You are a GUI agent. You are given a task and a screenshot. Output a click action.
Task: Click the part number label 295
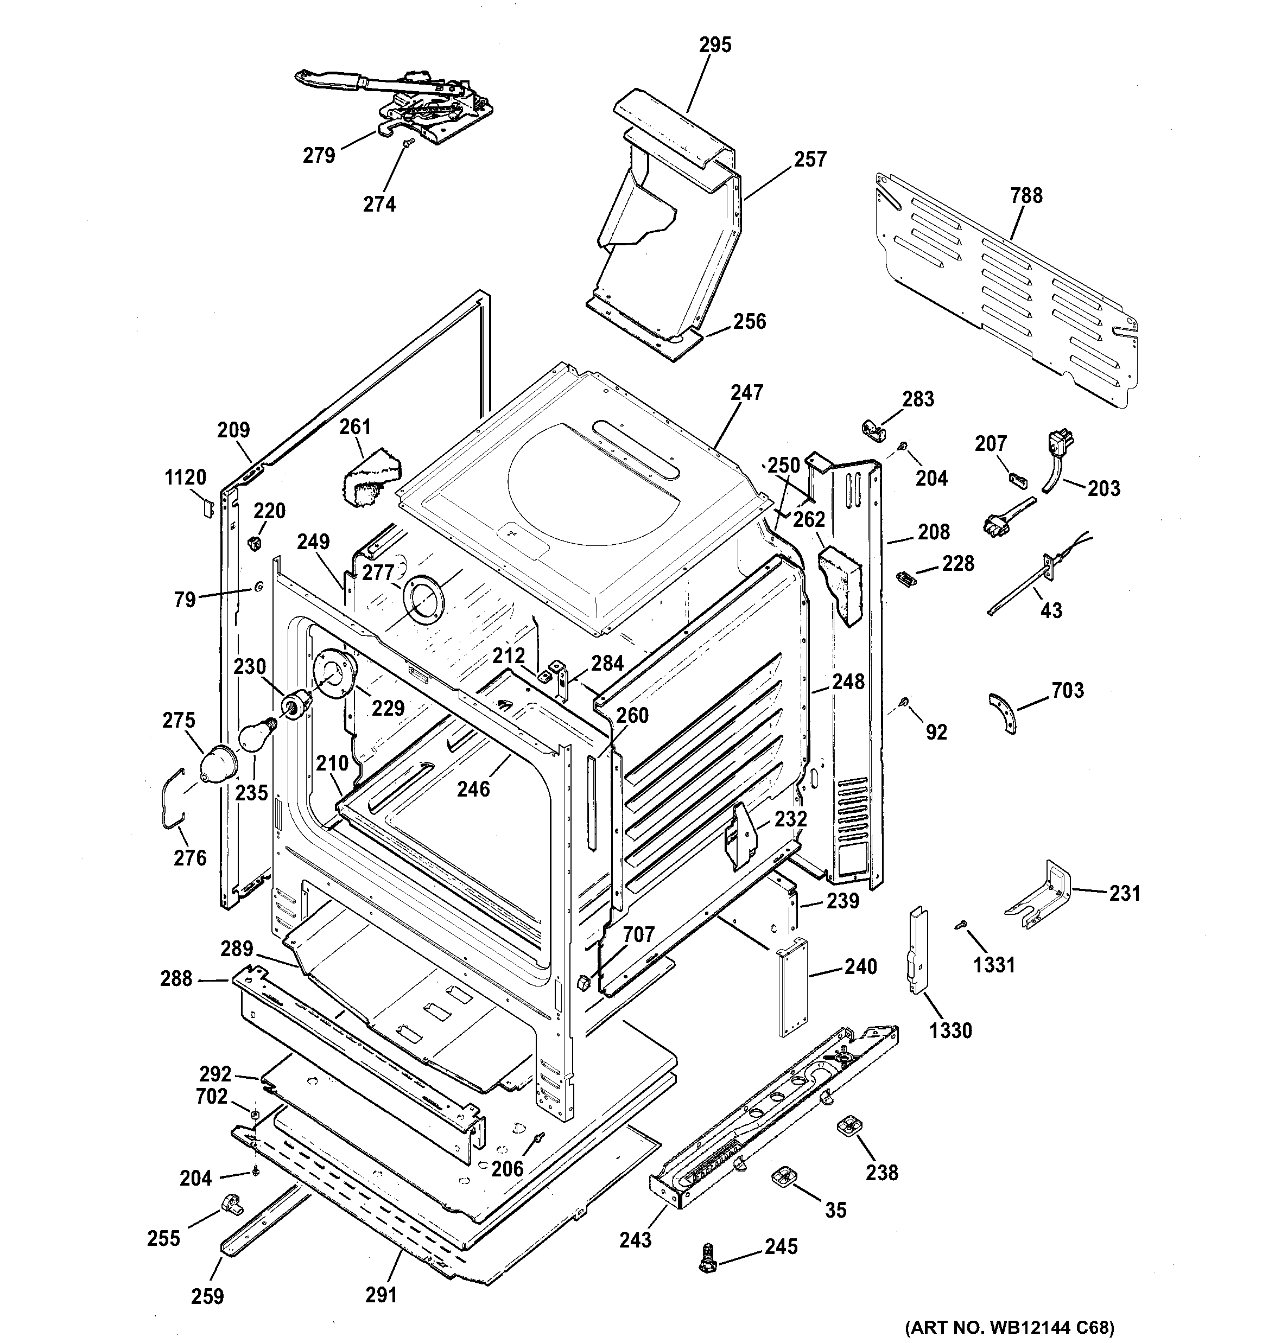pos(715,45)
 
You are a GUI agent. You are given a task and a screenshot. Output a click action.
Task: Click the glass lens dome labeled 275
pos(218,766)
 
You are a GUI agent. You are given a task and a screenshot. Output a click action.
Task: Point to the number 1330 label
pos(950,1030)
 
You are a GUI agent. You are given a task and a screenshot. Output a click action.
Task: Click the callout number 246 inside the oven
pos(472,788)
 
